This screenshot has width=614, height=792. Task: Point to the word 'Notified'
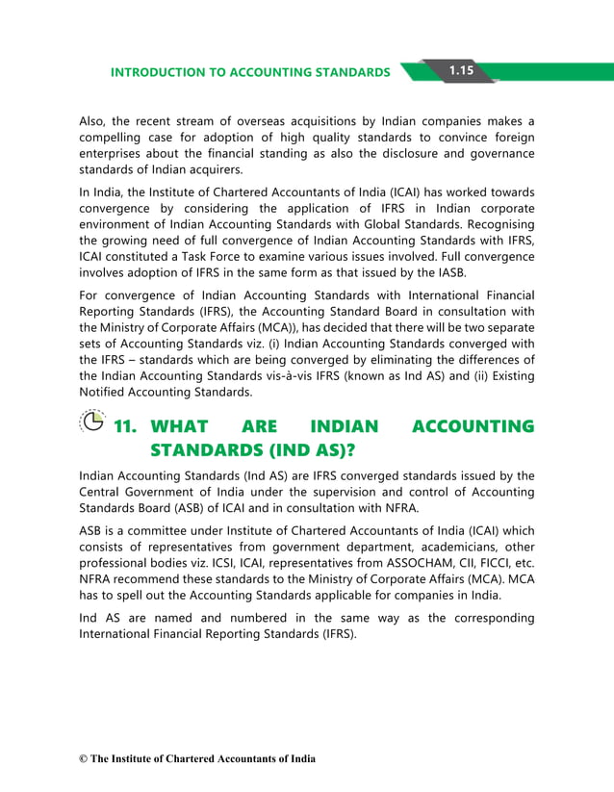coord(103,394)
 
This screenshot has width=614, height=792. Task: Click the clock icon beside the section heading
coord(91,423)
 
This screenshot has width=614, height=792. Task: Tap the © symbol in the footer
coord(84,759)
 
